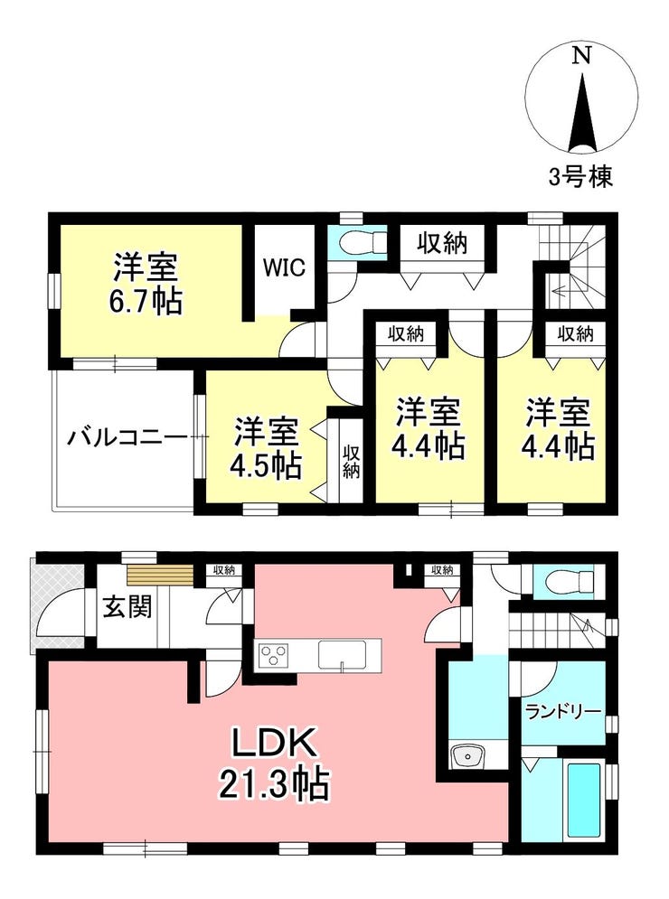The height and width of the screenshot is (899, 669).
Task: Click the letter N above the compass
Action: [582, 56]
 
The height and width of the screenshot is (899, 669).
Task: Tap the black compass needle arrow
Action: [582, 114]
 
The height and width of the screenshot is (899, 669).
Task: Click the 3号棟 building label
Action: [580, 176]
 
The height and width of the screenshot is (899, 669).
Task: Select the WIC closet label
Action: [284, 267]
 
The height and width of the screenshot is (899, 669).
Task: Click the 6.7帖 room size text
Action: [146, 302]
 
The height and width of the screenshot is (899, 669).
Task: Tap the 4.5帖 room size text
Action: [266, 467]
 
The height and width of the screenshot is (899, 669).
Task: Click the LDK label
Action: [274, 744]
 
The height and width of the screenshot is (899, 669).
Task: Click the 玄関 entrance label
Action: [128, 606]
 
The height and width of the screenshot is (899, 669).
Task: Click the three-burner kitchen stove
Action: [272, 655]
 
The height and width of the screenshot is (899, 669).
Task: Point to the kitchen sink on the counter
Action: [342, 654]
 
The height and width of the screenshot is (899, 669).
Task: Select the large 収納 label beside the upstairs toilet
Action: [442, 244]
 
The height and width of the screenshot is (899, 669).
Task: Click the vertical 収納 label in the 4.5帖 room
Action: [351, 462]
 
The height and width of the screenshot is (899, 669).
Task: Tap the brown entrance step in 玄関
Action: [159, 574]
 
